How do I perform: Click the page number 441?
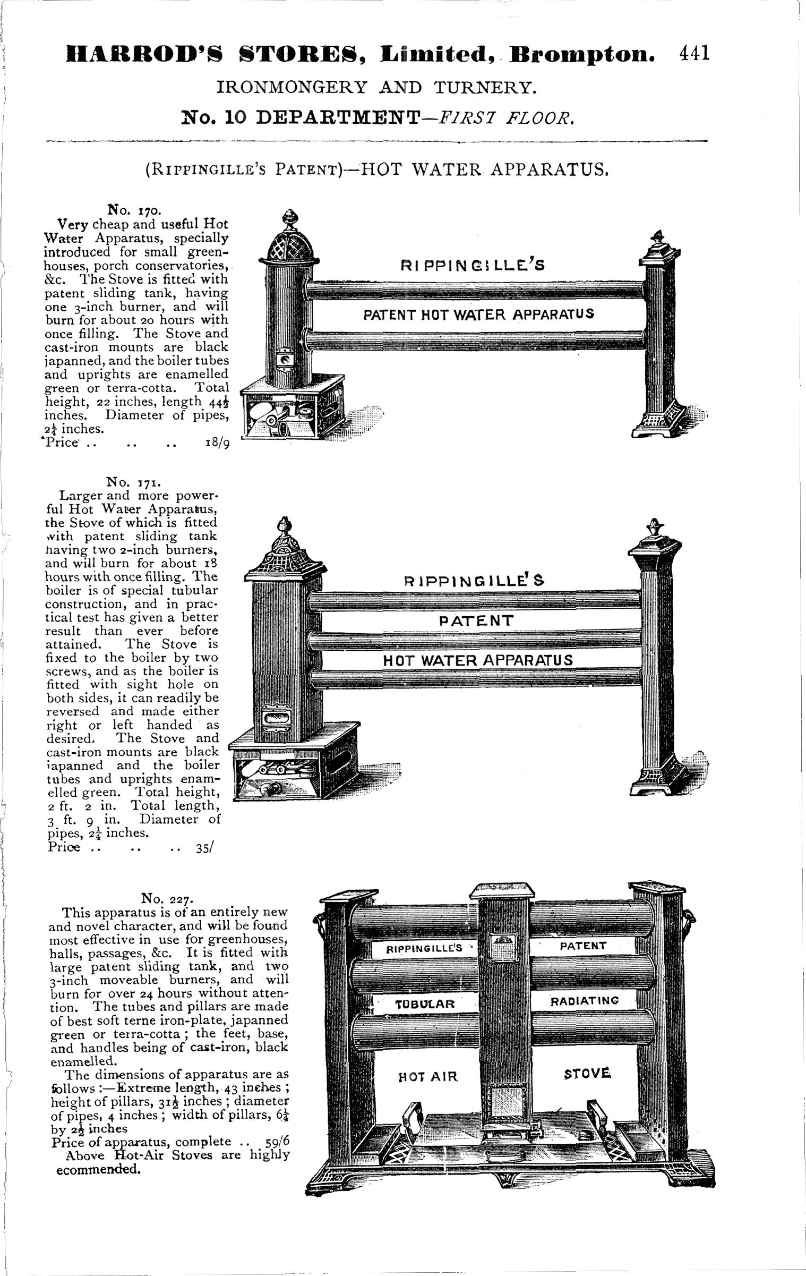[694, 53]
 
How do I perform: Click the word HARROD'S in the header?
[144, 54]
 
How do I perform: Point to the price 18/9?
[217, 443]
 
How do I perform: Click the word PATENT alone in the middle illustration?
[476, 620]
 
